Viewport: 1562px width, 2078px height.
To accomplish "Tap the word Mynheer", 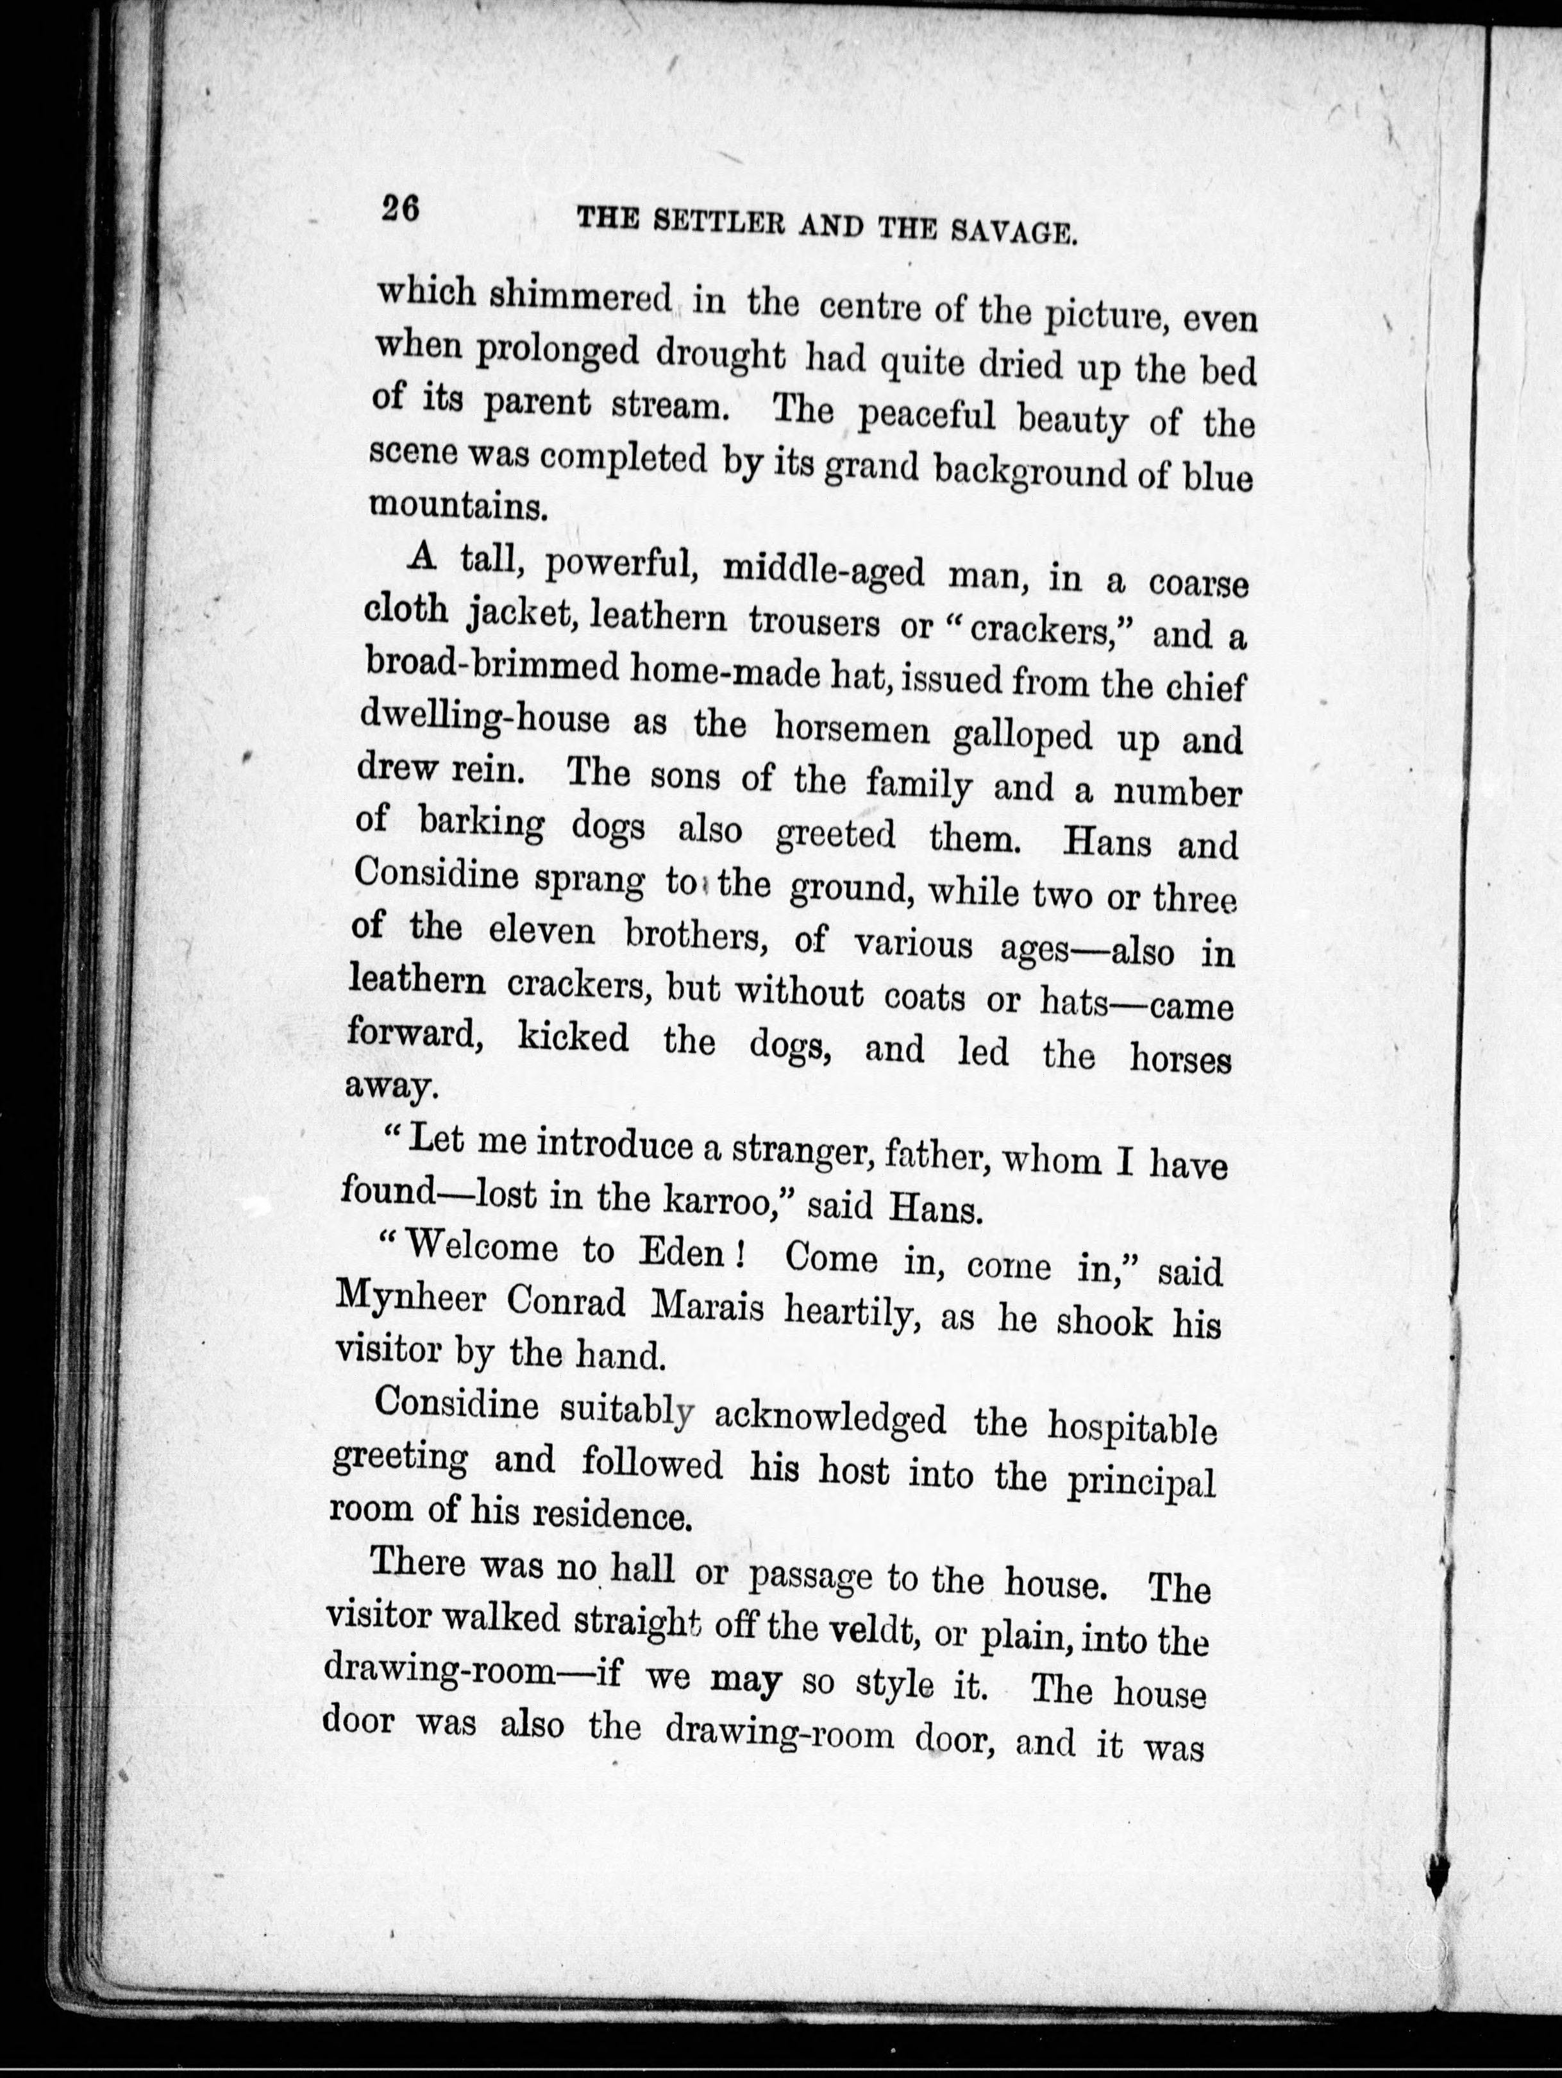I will [414, 1300].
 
